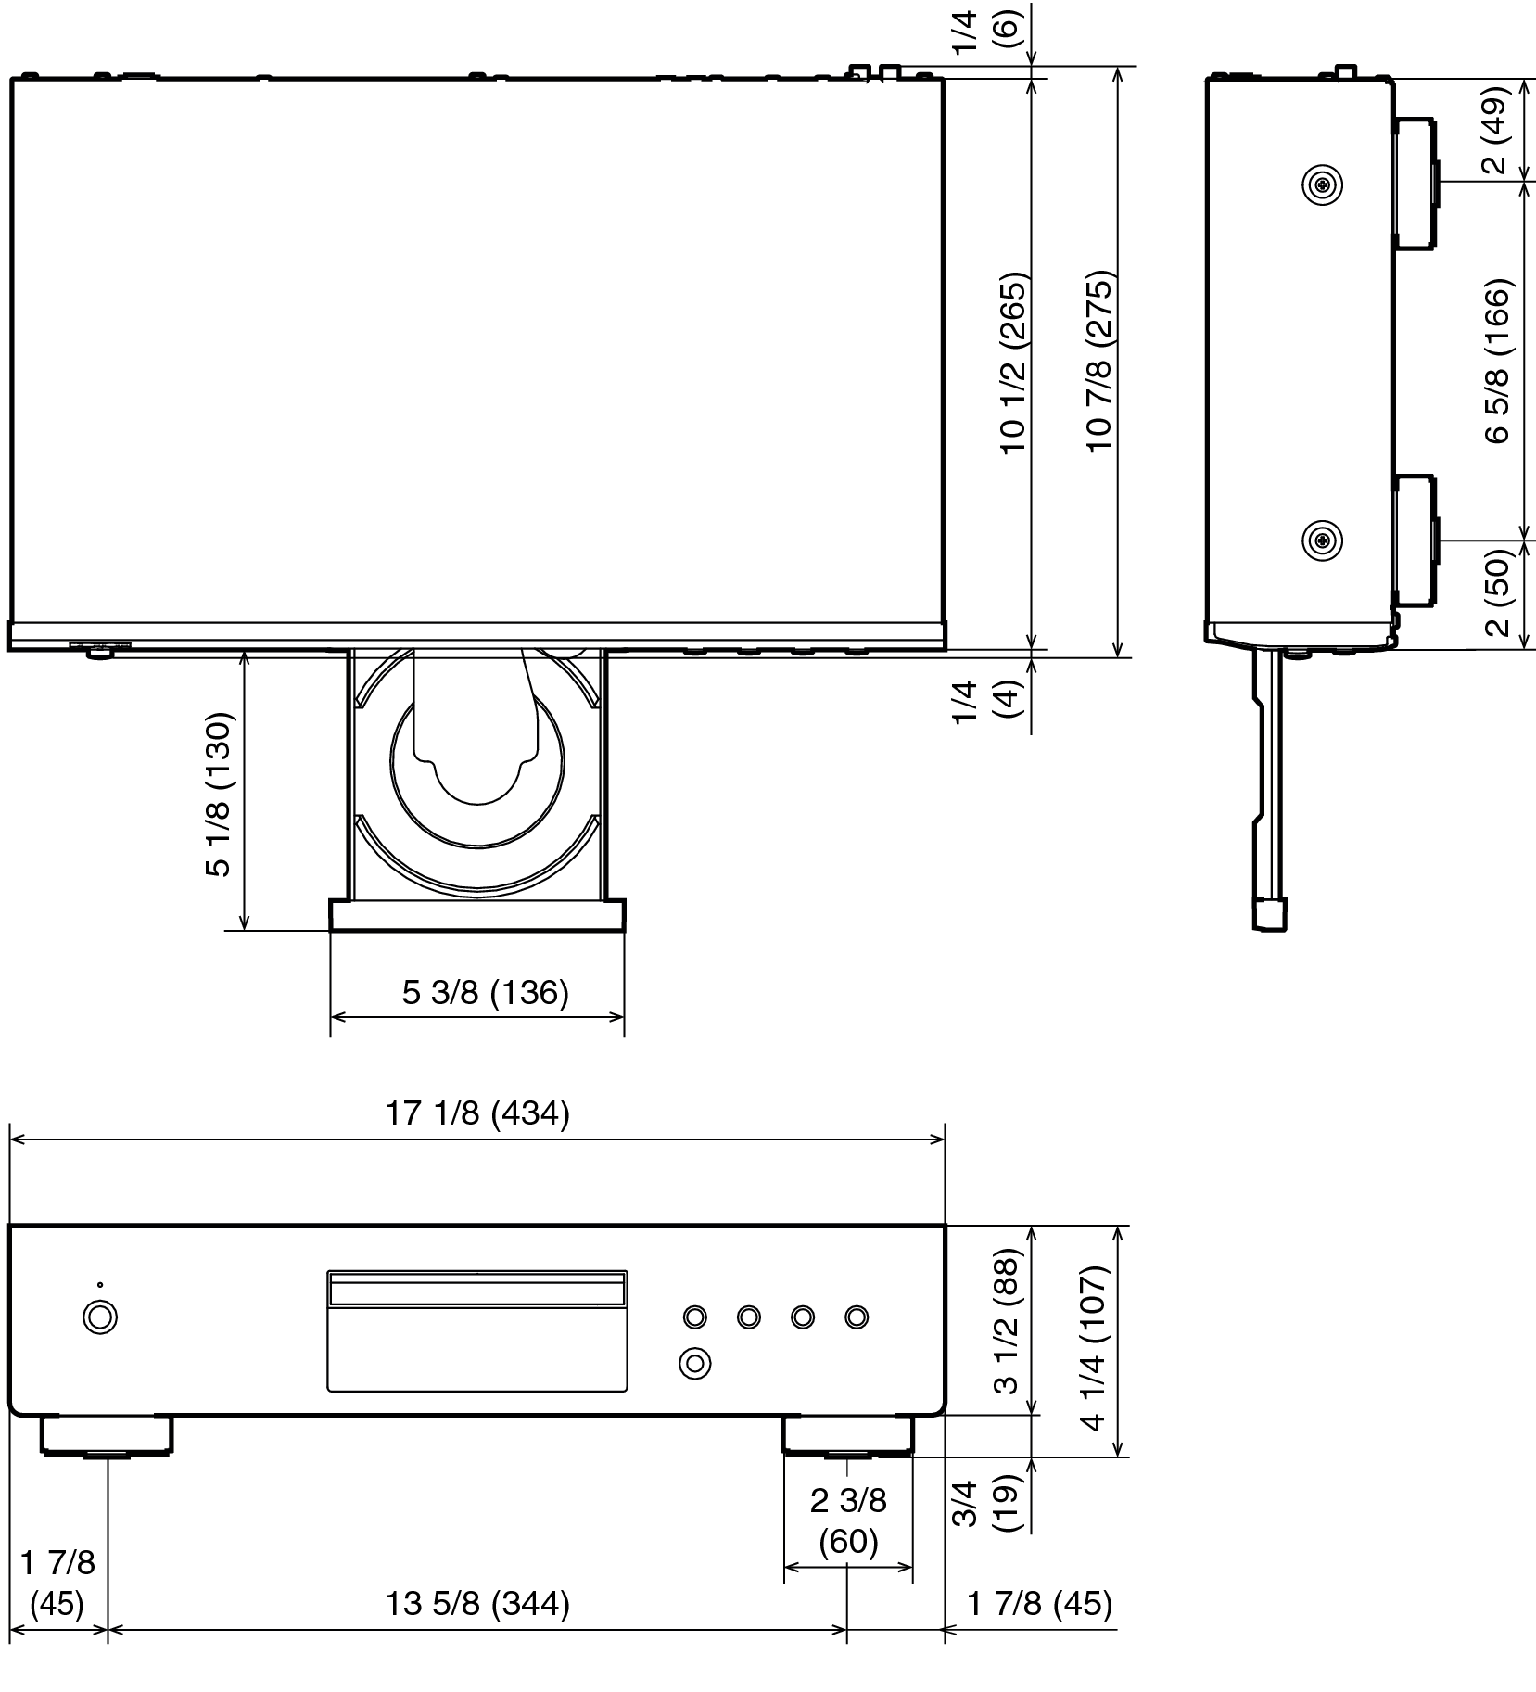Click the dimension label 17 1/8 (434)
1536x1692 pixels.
pos(477,1113)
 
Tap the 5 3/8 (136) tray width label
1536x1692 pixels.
pos(485,993)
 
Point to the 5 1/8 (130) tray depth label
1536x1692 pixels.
pos(217,795)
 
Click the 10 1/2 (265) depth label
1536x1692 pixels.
pos(1012,362)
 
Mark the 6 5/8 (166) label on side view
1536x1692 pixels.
pos(1496,362)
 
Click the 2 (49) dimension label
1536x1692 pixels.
pos(1496,130)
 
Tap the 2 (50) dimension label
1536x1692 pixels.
pos(1496,592)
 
